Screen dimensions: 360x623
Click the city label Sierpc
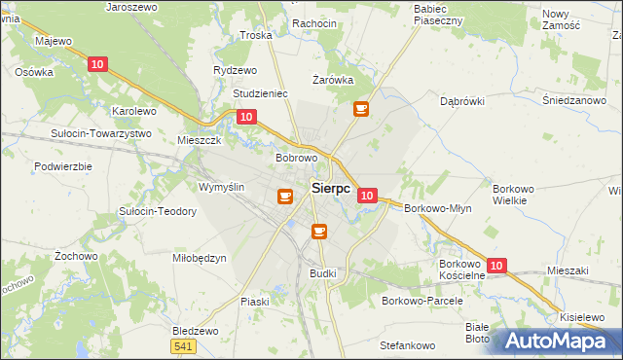[x=331, y=190]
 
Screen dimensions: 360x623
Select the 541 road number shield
[x=181, y=346]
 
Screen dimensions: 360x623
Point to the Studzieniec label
[x=260, y=94]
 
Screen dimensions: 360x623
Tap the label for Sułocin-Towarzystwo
[x=101, y=133]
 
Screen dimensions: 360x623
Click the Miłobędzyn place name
[x=199, y=258]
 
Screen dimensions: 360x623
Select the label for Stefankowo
[x=407, y=345]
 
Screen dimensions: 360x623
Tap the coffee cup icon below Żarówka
[x=361, y=109]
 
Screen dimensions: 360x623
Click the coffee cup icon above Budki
[x=318, y=231]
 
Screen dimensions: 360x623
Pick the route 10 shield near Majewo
[x=96, y=64]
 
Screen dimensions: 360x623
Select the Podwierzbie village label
[x=62, y=166]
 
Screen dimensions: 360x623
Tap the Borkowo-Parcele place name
[x=421, y=301]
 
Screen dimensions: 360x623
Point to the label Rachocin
[x=313, y=23]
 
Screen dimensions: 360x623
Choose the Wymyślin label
[x=221, y=187]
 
